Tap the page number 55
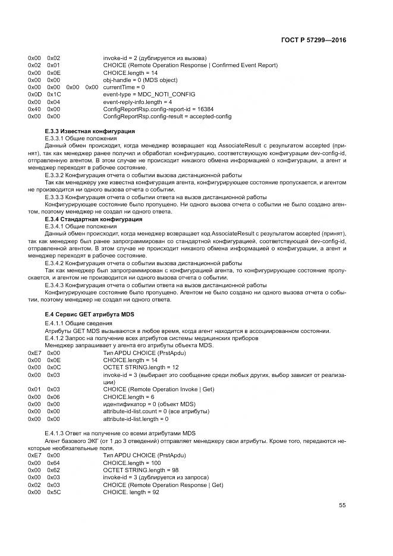pos(342,505)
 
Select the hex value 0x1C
pos(54,95)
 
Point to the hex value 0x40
pos(34,109)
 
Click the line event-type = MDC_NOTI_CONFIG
pos(141,95)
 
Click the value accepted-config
pos(210,117)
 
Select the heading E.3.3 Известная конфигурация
pos(90,131)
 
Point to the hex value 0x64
pos(54,462)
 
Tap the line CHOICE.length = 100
pos(132,462)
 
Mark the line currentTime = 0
pos(124,87)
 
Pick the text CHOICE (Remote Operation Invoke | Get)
pos(159,389)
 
